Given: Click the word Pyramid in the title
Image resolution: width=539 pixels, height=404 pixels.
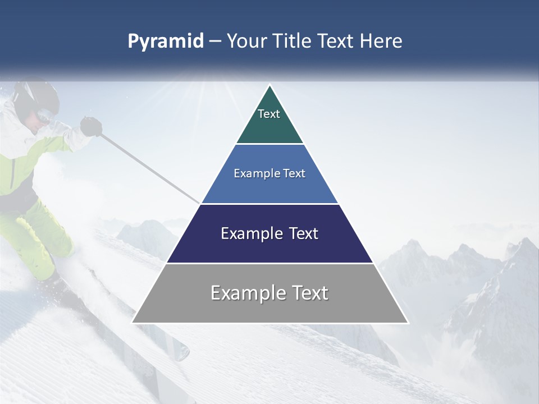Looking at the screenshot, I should tap(166, 42).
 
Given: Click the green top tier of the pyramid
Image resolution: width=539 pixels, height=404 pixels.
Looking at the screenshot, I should tap(269, 121).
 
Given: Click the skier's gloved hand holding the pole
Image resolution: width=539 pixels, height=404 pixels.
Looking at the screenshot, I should tap(90, 126).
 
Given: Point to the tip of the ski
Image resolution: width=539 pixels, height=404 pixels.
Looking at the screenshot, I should tap(184, 353).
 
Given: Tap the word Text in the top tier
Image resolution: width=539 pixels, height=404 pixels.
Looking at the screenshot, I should tap(269, 114).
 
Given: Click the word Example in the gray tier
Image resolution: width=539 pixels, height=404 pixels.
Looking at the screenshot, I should tap(245, 293).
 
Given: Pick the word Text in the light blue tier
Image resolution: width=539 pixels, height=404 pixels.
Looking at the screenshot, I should tap(294, 173).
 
